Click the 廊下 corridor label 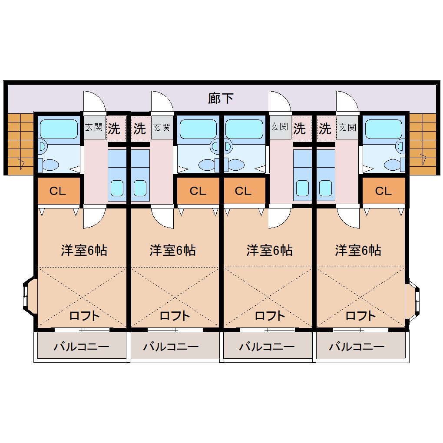coord(221,98)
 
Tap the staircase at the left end coord(20,144)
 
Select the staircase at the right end coord(423,144)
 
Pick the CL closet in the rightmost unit coord(383,191)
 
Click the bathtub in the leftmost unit coord(59,129)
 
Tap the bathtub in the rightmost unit coord(383,129)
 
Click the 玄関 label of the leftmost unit coord(94,127)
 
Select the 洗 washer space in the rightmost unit coord(325,129)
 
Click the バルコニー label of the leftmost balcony coord(82,347)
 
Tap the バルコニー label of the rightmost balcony coord(357,347)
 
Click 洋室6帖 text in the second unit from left coord(172,250)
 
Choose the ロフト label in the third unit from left coord(270,316)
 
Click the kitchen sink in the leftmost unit coord(117,188)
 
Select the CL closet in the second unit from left coord(198,191)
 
